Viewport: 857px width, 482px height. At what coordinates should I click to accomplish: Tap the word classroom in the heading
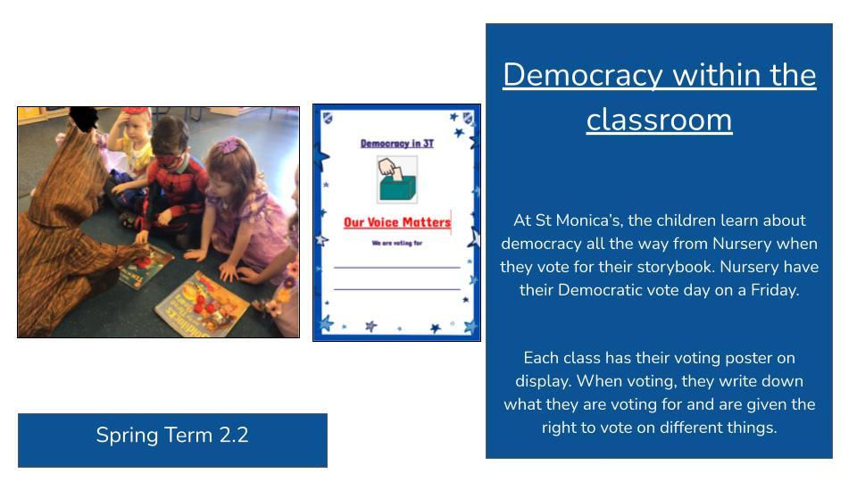[x=659, y=120]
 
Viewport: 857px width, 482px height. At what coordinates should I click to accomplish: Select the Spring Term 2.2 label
[x=172, y=435]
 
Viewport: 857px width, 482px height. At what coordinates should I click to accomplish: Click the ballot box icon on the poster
[x=397, y=179]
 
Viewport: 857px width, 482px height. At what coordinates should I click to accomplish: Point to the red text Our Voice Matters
[x=396, y=222]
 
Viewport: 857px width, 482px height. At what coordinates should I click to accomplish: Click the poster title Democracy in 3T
[x=396, y=143]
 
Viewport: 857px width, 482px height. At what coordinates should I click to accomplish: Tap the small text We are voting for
[x=396, y=243]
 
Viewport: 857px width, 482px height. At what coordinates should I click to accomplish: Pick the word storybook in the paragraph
[x=677, y=267]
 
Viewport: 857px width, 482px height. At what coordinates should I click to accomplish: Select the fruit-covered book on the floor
[x=203, y=303]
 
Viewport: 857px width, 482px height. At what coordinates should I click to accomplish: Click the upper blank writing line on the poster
[x=396, y=267]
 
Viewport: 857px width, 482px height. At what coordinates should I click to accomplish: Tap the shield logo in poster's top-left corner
[x=328, y=118]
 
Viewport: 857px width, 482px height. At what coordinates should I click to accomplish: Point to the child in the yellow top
[x=134, y=145]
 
